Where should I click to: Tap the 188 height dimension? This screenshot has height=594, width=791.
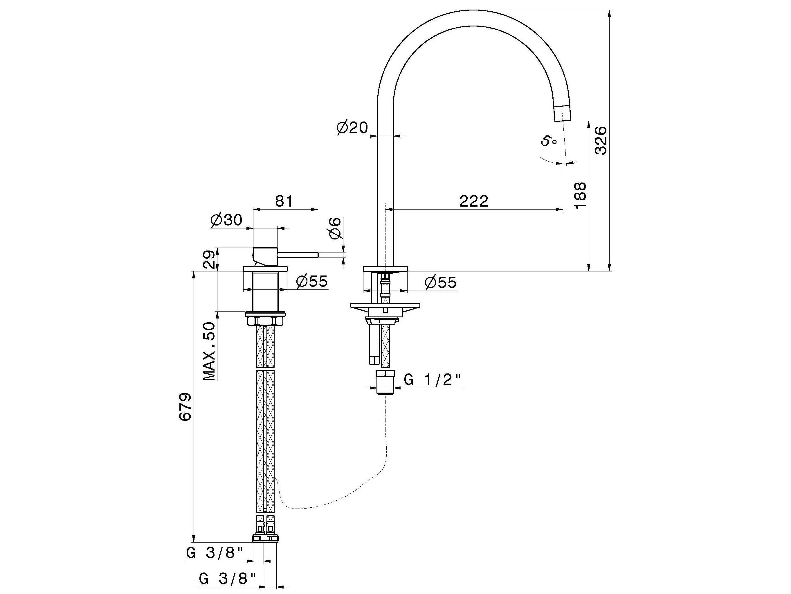pos(580,195)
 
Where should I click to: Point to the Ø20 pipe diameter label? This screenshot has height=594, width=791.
pos(352,128)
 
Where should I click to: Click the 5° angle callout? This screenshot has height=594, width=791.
pos(549,141)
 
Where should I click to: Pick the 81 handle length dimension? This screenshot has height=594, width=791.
pos(284,201)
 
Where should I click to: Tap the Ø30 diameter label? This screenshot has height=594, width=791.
pos(227,220)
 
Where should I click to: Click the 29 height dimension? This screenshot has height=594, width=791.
pos(210,259)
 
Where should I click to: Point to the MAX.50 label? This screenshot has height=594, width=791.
pos(210,351)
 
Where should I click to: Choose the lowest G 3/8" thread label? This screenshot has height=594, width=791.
pos(228,579)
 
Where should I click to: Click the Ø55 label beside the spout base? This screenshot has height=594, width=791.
pos(441,283)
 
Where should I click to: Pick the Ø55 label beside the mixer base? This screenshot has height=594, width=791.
pos(312,281)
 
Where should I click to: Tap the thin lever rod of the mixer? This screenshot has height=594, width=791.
pos(298,255)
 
